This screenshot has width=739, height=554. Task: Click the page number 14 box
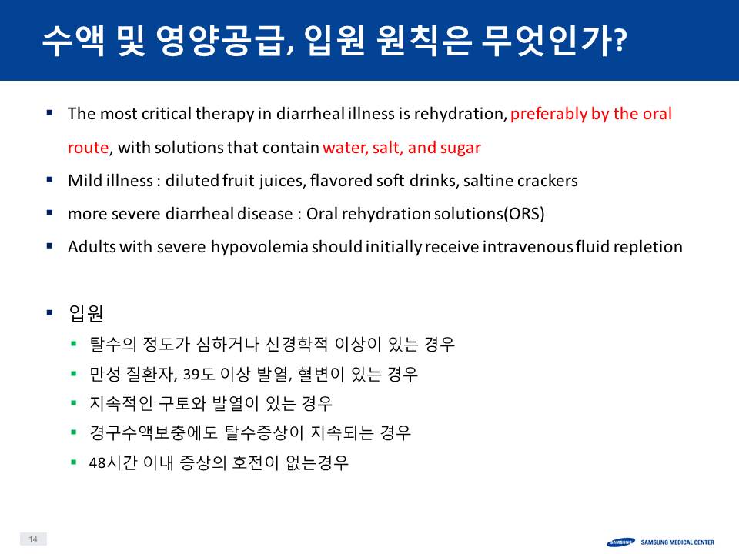(x=33, y=539)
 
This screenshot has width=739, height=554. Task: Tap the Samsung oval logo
(x=620, y=542)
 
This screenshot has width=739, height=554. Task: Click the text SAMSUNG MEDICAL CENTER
(x=677, y=542)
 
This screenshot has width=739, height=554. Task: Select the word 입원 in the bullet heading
(x=85, y=313)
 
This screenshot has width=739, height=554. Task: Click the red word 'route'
(x=88, y=148)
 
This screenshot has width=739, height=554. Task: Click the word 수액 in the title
(x=73, y=41)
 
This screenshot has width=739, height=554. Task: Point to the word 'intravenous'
(x=527, y=247)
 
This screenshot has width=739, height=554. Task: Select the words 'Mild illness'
(x=110, y=181)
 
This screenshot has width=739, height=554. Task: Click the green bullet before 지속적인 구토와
(x=74, y=402)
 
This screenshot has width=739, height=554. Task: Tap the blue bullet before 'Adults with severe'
(x=49, y=245)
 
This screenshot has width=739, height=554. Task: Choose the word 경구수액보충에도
(x=154, y=433)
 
